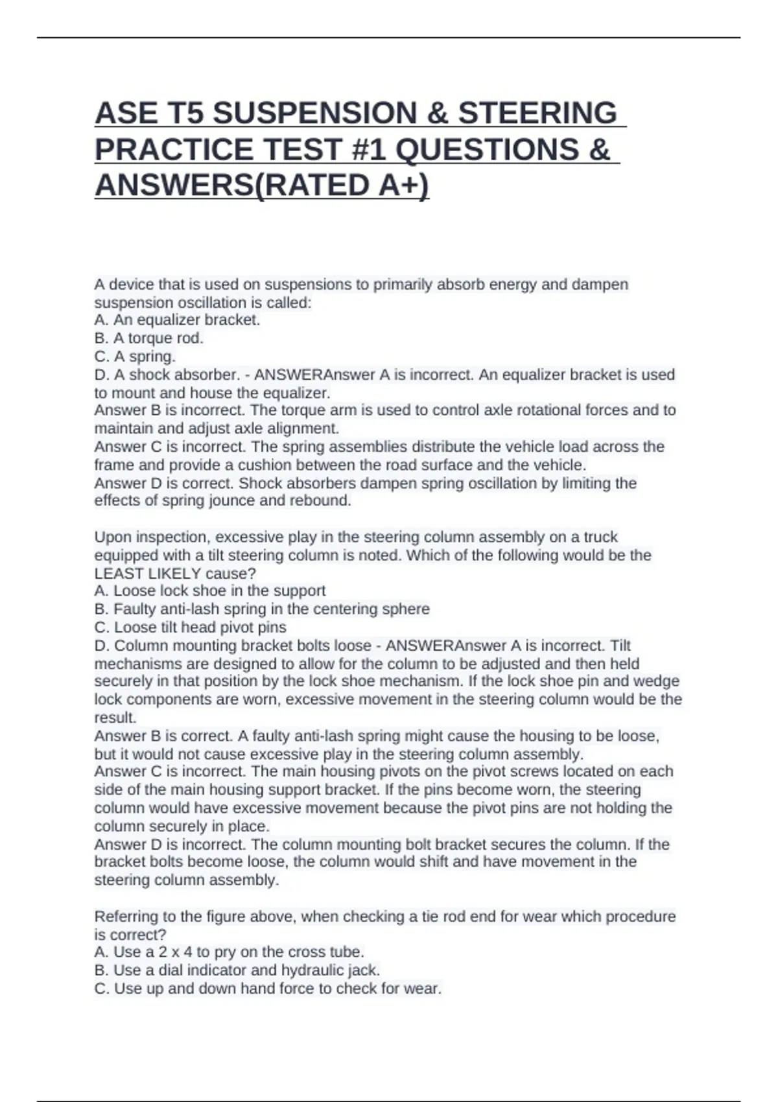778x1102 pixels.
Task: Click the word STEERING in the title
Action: point(537,113)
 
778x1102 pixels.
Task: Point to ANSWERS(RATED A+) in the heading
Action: point(262,186)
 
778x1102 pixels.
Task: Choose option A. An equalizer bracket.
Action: point(177,320)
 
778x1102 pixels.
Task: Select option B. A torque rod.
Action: point(148,338)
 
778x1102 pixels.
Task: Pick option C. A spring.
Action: point(135,357)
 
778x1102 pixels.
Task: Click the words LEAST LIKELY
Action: point(148,574)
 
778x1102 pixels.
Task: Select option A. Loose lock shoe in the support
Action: point(209,591)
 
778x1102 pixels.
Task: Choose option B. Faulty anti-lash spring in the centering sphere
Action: point(262,609)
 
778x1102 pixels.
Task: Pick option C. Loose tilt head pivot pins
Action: point(190,627)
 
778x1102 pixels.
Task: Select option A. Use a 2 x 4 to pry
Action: point(229,952)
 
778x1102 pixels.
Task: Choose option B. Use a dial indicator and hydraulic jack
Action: point(237,970)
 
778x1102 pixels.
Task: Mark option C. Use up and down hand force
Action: point(267,989)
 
